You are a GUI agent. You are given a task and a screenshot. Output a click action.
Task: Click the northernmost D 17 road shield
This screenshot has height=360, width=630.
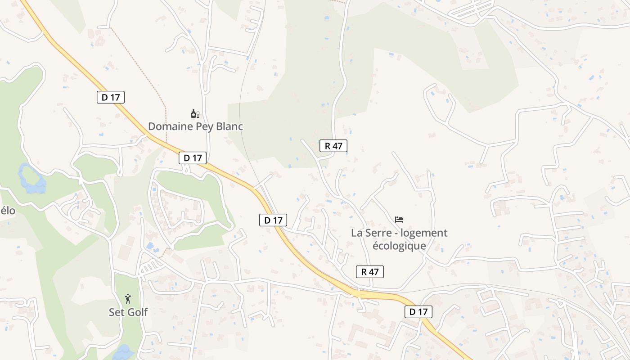(x=111, y=97)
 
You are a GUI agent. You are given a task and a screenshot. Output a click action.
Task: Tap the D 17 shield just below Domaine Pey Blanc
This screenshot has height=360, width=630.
(x=193, y=158)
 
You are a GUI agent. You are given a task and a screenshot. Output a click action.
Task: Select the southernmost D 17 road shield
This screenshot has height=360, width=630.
(x=418, y=312)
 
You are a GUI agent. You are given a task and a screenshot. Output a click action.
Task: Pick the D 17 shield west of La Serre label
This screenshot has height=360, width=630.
(x=273, y=220)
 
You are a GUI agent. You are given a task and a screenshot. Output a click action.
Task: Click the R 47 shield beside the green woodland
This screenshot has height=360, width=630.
(x=333, y=146)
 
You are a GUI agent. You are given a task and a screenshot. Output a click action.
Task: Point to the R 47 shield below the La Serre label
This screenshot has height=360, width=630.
(x=370, y=271)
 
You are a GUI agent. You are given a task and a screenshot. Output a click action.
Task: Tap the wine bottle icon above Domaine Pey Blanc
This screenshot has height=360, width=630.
(x=195, y=113)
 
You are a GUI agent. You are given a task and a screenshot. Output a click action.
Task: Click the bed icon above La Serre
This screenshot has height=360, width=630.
(x=399, y=220)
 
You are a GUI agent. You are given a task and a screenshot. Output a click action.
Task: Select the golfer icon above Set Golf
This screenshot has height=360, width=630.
(x=128, y=298)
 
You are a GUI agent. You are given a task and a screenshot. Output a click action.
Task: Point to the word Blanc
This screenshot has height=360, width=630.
(x=229, y=126)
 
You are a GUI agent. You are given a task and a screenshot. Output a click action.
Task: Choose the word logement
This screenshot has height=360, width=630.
(x=424, y=233)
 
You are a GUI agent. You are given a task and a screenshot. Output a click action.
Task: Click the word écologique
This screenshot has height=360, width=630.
(x=399, y=246)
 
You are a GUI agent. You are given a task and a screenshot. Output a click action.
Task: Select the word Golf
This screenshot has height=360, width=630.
(x=137, y=312)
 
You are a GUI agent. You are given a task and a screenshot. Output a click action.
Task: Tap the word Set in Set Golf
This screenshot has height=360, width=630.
(x=117, y=312)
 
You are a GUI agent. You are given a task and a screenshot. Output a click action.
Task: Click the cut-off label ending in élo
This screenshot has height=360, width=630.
(x=7, y=211)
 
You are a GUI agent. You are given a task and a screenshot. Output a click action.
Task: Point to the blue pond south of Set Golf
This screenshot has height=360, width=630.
(x=123, y=352)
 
